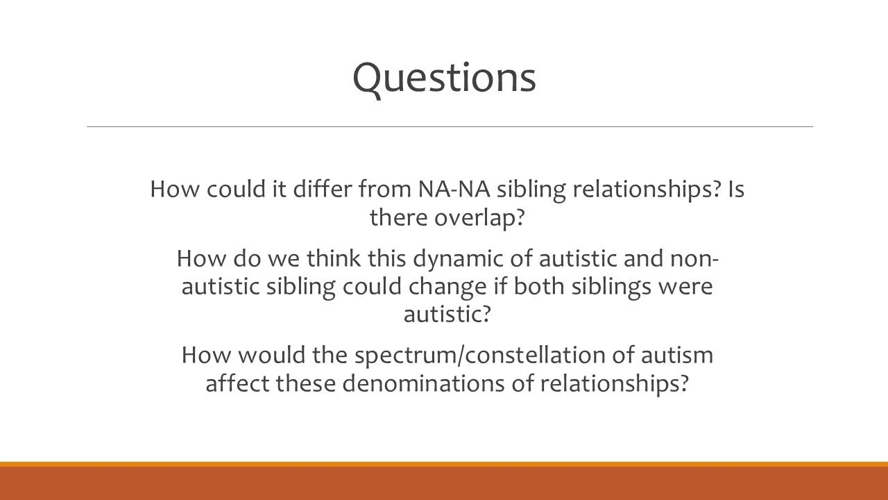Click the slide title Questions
tap(444, 77)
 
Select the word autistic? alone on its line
tap(447, 314)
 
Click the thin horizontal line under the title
tap(450, 126)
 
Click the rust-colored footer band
tap(444, 483)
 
